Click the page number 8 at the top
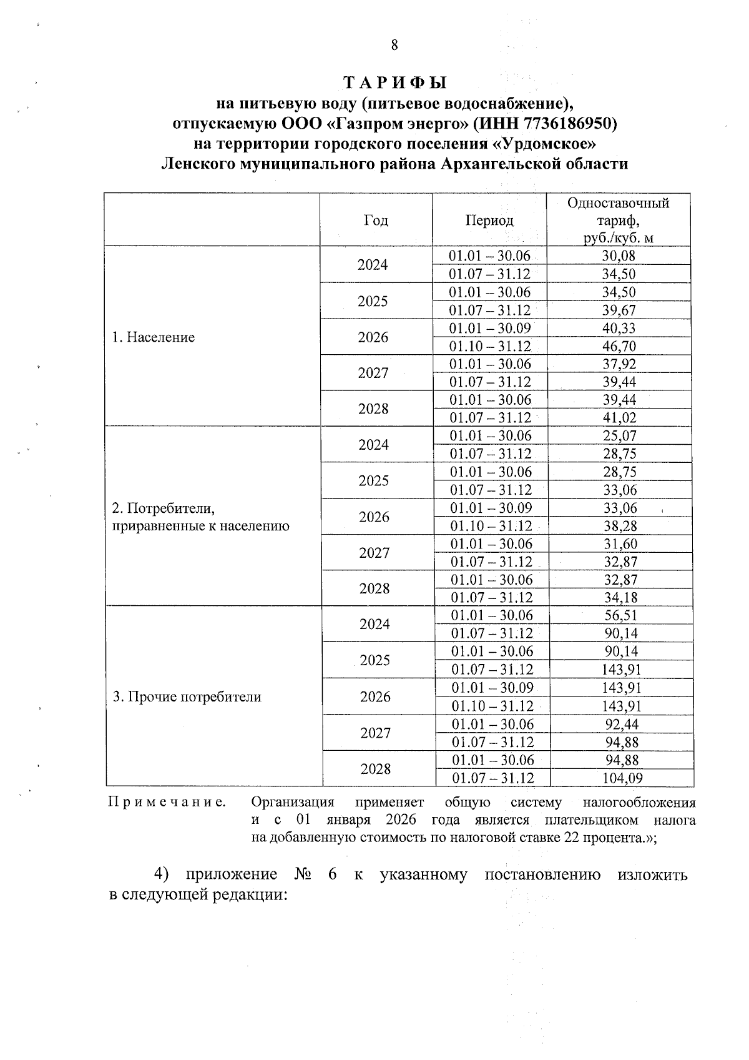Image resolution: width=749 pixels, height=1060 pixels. (x=394, y=45)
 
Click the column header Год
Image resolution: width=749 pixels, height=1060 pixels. (x=375, y=220)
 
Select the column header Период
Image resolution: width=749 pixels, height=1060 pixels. (x=489, y=220)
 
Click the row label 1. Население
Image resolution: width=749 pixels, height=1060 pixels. (x=154, y=337)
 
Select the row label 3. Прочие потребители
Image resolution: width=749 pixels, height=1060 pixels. (x=187, y=697)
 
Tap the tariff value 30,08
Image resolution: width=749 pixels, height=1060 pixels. (x=619, y=255)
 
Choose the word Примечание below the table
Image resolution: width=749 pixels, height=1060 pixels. (x=167, y=802)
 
